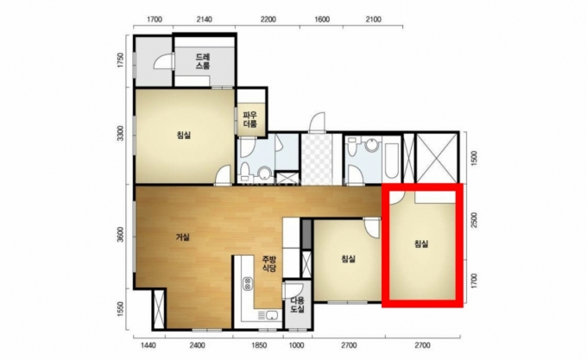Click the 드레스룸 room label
point(203,62)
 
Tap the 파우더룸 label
point(250,119)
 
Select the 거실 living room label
point(183,237)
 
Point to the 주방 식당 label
point(268,263)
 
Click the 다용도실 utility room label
point(298,305)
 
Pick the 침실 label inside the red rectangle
point(421,244)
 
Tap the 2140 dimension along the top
point(204,20)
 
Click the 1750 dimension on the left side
point(120,60)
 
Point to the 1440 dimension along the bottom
point(148,345)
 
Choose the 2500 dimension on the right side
point(474,220)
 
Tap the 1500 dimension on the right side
point(474,158)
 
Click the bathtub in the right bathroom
point(392,159)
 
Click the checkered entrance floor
point(317,159)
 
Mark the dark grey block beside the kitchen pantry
point(306,234)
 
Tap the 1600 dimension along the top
point(322,20)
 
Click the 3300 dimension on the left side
point(120,134)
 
